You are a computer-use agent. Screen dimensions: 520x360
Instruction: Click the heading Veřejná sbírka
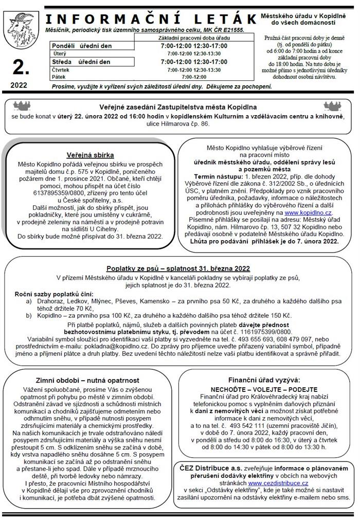click(90, 155)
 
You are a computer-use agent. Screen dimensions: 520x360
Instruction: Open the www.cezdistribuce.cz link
click(278, 483)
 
